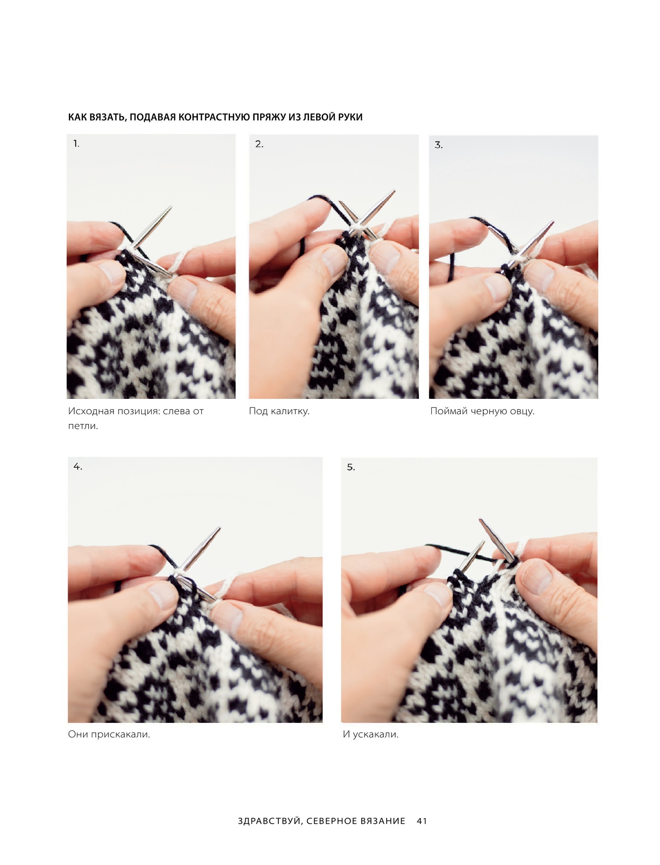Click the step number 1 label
tap(76, 144)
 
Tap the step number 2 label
tap(259, 144)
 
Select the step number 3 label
tap(439, 145)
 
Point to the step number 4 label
tap(77, 467)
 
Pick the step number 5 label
tap(350, 467)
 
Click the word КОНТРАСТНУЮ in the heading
tap(215, 117)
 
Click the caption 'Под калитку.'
tap(279, 411)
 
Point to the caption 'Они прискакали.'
tap(109, 735)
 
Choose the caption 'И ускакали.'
tap(370, 735)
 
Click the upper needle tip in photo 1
tap(171, 207)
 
